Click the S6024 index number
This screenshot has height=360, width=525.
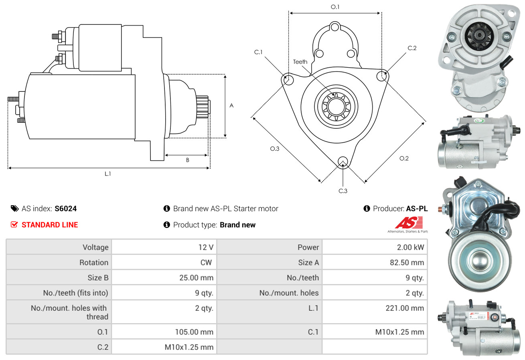66,208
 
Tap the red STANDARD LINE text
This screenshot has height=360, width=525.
50,225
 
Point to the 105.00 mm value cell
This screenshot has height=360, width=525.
194,332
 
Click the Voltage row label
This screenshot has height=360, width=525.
95,247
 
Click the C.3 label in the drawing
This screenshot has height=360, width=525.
343,191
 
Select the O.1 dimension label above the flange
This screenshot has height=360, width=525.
335,7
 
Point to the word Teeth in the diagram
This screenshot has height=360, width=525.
300,62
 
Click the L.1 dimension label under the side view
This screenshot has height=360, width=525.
108,174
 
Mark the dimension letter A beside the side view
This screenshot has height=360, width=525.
231,106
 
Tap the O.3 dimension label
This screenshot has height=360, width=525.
274,149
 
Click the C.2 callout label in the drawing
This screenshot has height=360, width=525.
412,48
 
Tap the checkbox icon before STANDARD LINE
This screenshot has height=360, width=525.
14,225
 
